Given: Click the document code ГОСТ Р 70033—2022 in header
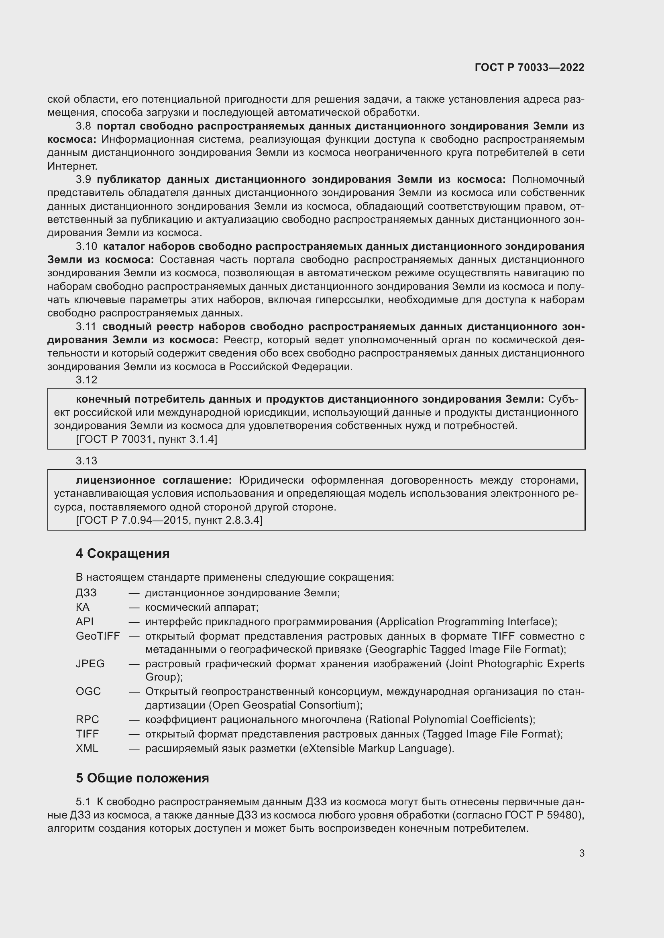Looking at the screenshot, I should pos(529,68).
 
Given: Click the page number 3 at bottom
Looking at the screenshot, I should pos(581,853).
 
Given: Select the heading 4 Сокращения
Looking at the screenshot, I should pos(122,553).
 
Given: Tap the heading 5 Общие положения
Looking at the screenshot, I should pos(142,778).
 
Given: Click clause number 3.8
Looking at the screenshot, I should pos(84,126).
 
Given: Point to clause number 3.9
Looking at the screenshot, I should pos(84,180).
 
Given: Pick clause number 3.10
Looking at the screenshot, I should pos(86,247).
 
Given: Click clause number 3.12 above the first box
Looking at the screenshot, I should pos(86,380).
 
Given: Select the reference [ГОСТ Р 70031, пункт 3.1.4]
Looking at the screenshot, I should pos(147,440).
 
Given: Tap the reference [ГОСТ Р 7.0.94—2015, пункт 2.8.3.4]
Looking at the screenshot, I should pos(169,521).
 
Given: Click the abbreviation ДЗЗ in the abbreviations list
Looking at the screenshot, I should pos(86,593).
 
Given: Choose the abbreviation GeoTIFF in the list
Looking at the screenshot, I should pos(97,636).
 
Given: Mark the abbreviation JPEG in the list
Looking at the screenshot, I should pos(90,664).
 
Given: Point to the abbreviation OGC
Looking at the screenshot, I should pos(88,692).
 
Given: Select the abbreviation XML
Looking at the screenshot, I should pos(87,748).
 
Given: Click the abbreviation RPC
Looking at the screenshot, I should pos(87,719).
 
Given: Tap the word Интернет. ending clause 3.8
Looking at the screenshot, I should pos(72,166).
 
